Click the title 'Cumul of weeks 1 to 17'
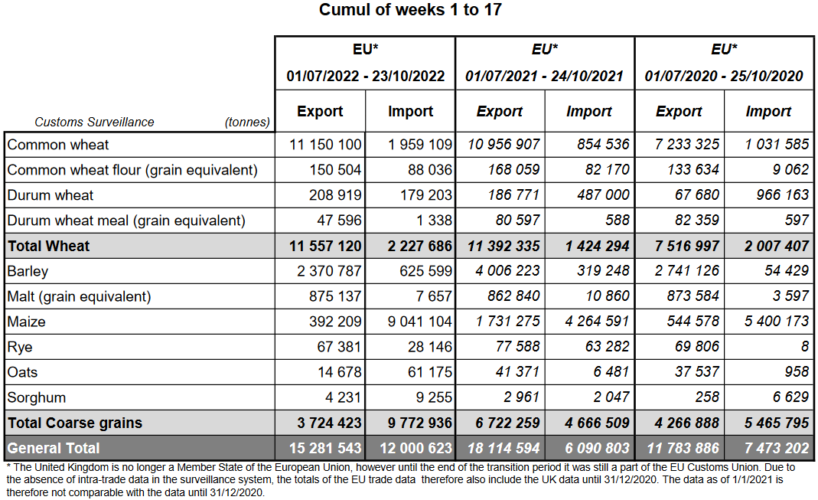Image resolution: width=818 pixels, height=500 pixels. point(410,10)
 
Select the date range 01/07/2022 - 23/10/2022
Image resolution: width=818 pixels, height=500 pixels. point(365,76)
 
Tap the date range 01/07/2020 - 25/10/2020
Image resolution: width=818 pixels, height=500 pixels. point(724,76)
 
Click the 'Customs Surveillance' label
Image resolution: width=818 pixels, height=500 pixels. point(94,122)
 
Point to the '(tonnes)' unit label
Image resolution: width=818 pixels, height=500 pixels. point(247,122)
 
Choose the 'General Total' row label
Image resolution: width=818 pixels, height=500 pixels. point(54,448)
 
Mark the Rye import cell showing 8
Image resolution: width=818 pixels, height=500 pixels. point(804,347)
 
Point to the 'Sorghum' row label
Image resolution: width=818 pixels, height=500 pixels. point(37,397)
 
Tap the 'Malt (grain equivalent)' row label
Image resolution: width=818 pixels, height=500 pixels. point(79,296)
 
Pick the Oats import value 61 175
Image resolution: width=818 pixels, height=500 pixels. point(427,372)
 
